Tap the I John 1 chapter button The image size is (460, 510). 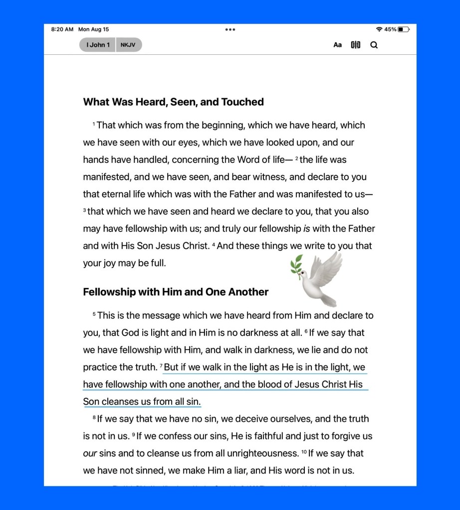98,45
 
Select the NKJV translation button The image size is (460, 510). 129,45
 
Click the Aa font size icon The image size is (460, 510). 338,45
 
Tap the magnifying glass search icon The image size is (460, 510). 374,45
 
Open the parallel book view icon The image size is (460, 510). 355,45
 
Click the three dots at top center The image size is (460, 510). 230,29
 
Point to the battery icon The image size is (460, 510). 403,29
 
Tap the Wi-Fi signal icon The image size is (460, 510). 379,29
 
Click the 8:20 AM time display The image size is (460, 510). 62,29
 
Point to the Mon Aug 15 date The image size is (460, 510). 93,29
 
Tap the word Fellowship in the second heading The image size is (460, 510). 109,292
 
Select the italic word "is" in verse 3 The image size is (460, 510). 306,229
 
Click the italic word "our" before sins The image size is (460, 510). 90,453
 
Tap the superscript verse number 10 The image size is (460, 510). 303,451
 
